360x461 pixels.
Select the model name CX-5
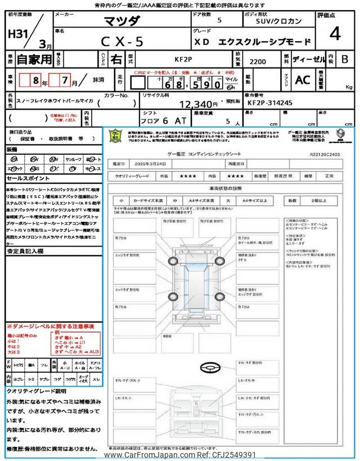click(122, 42)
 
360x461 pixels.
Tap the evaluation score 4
click(335, 35)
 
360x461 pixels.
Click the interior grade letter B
click(344, 59)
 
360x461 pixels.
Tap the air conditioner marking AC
click(303, 80)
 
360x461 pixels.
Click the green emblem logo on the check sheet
click(115, 136)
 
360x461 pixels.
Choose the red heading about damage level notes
click(51, 326)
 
